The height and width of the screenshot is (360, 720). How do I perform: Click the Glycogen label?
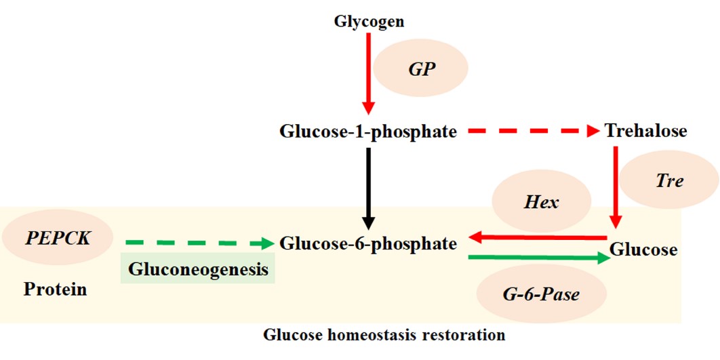coord(369,22)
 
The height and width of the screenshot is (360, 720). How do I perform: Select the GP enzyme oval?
coord(420,68)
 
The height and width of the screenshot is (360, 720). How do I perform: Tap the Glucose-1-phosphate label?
coord(368,132)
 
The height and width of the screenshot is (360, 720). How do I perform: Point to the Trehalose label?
coord(646,131)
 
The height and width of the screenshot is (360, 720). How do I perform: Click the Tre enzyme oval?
coord(669,180)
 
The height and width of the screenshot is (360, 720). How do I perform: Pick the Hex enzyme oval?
coord(542,201)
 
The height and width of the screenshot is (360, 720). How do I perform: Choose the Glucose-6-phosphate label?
coord(368,243)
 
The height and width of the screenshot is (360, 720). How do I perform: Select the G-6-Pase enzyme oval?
coord(542,294)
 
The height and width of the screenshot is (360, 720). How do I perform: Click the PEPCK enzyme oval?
coord(58,237)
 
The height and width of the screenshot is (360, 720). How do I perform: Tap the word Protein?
coord(55,289)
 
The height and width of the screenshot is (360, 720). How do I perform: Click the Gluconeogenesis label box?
coord(197,268)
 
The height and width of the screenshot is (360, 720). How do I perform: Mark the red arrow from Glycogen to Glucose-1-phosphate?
coord(368,73)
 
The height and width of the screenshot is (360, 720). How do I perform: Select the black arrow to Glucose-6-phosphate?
coord(368,188)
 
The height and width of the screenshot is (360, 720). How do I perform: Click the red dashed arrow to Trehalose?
coord(534,132)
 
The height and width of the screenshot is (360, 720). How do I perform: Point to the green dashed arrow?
coord(199,243)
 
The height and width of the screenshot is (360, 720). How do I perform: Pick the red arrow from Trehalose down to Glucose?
coord(616,187)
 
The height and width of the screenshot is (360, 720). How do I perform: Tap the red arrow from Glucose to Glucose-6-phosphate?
coord(537,237)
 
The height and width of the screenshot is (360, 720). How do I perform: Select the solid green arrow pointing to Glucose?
coord(539,258)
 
